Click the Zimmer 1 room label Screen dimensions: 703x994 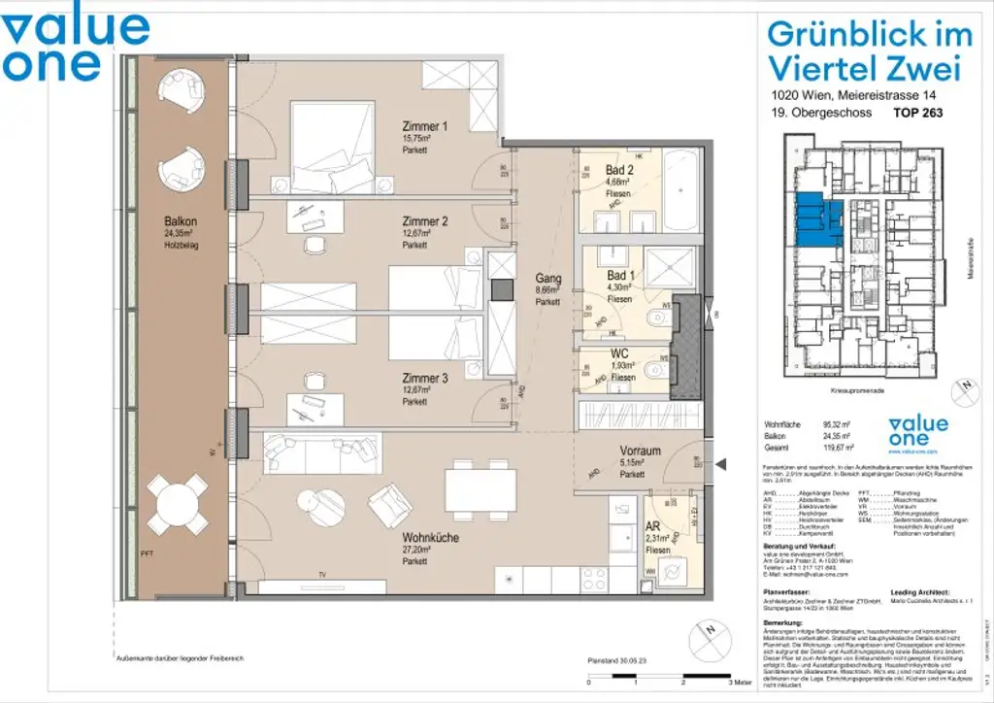tap(425, 126)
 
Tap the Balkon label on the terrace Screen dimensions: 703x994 tap(181, 221)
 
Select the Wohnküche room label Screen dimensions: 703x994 tap(432, 537)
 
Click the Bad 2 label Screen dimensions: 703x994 tap(618, 170)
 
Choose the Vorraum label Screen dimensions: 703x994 tap(641, 451)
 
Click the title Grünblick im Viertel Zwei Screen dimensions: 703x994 tap(869, 50)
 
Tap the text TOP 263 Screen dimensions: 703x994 tap(917, 113)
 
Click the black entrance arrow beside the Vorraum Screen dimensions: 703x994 tap(719, 466)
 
